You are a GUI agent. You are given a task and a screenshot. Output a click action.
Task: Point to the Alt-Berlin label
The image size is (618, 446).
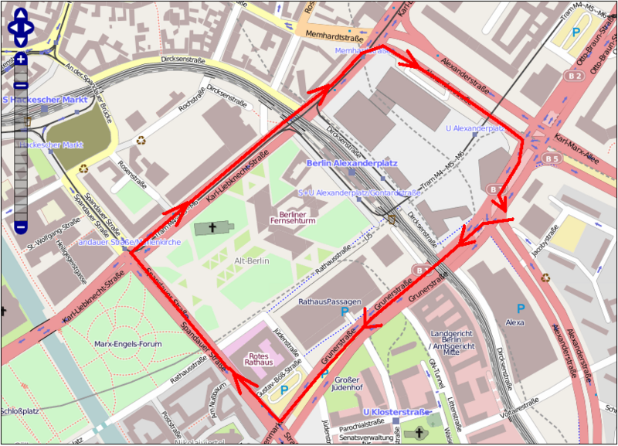tap(252, 261)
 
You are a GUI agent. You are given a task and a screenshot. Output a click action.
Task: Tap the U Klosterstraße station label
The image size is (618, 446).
tap(396, 411)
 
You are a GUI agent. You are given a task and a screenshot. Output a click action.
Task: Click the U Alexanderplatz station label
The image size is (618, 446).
tap(474, 128)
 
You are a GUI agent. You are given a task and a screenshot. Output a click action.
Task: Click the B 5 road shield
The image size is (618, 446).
tap(552, 159)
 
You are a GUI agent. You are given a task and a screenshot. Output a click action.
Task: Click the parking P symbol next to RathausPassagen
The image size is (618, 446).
tap(345, 312)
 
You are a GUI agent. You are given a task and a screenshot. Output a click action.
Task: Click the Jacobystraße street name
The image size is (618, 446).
tap(549, 238)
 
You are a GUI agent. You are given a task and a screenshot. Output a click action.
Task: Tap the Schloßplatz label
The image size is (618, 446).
tap(19, 411)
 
